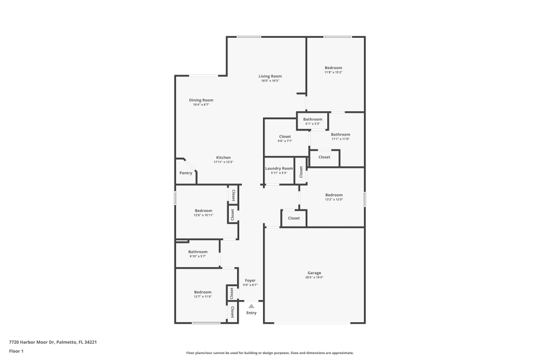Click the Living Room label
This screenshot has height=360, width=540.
coord(270,76)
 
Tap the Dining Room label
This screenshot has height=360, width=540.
coord(201,100)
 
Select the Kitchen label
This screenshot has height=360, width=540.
coord(222,158)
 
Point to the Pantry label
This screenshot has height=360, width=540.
coord(186,173)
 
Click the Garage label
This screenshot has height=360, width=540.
coord(314,273)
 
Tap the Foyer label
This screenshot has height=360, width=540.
coord(250,280)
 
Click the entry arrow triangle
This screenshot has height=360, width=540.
coord(251,306)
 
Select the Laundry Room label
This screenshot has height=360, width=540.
coord(279,168)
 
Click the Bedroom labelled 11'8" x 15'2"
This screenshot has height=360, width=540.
coord(333,68)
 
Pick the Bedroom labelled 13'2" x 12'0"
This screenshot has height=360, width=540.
coord(334,195)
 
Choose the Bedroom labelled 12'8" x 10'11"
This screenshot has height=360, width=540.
coord(204,210)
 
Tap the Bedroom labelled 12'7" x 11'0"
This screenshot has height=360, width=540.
coord(202,292)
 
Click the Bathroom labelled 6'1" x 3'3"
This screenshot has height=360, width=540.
coord(313,119)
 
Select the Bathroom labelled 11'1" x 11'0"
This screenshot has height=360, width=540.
coord(340,134)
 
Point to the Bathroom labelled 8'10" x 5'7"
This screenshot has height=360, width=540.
coord(198,252)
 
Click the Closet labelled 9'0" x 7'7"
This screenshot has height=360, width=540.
coord(285,137)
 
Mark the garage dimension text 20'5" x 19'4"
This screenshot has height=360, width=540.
coord(314,277)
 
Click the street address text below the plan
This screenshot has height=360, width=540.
coord(52,342)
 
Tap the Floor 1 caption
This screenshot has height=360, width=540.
coord(16,351)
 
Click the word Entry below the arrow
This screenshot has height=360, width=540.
coord(252,313)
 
